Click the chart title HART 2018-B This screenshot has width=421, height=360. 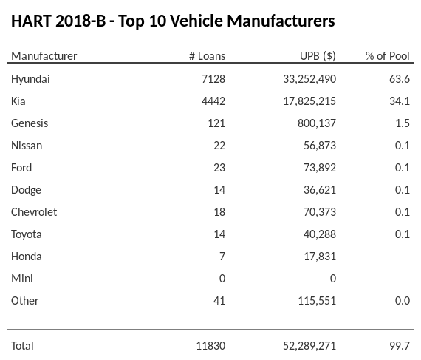(x=173, y=21)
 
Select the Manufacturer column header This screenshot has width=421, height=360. (x=44, y=56)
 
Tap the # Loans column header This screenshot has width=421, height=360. (x=207, y=56)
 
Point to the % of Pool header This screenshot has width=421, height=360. (x=387, y=56)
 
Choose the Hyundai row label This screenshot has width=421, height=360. (x=30, y=79)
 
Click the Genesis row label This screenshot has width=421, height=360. (x=30, y=123)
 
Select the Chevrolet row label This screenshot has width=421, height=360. (x=34, y=212)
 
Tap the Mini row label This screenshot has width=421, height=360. (x=21, y=279)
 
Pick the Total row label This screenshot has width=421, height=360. (x=22, y=345)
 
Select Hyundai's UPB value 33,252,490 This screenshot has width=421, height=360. (x=305, y=79)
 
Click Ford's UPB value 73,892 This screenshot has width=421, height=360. (x=319, y=168)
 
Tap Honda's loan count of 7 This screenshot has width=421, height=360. (x=222, y=257)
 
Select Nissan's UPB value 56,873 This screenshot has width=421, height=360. (x=319, y=146)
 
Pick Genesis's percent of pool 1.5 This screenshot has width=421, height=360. (x=403, y=123)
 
